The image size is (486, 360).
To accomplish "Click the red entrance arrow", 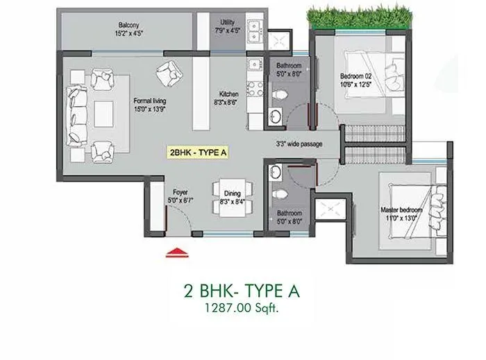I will click(178, 252).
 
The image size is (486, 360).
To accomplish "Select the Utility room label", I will click(227, 26).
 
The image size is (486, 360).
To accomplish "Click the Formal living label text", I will click(150, 105).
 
